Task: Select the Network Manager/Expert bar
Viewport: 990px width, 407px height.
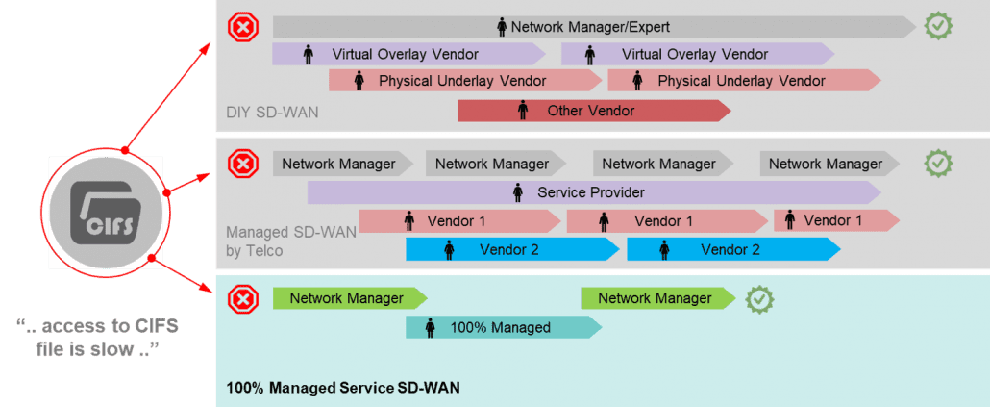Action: click(590, 27)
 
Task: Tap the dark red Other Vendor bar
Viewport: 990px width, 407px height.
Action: click(590, 111)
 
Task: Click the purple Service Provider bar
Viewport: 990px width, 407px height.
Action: click(590, 192)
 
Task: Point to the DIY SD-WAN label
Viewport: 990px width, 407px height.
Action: click(272, 114)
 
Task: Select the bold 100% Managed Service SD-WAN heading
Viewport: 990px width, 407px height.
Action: click(342, 389)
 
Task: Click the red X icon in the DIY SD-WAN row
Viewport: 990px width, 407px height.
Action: click(243, 27)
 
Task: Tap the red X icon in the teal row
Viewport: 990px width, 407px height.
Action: click(243, 299)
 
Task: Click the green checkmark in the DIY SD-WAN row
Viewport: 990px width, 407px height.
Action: click(937, 27)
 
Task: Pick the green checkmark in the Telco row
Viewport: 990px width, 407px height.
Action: click(937, 164)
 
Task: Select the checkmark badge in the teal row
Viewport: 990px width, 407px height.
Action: click(760, 299)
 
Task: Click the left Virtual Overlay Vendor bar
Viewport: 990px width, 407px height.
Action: click(406, 54)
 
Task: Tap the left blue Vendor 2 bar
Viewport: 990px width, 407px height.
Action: click(509, 250)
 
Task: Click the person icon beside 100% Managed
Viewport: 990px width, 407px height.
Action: click(430, 328)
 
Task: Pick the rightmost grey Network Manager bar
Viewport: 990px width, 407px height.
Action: click(825, 164)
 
